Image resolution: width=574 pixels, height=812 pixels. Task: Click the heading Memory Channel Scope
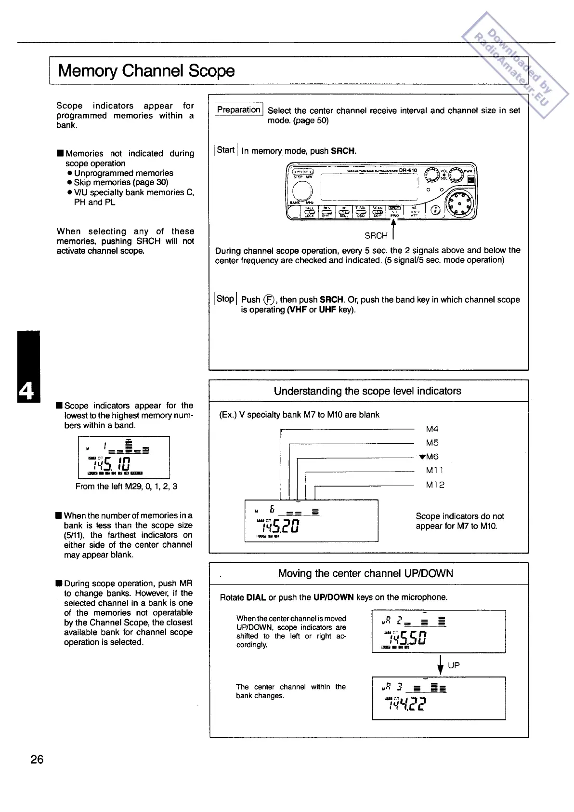click(146, 71)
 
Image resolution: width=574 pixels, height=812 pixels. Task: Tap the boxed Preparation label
click(238, 110)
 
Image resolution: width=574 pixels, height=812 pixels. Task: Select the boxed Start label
click(225, 150)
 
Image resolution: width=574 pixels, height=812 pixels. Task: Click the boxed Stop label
click(225, 299)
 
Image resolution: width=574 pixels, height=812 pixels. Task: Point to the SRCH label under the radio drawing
click(376, 236)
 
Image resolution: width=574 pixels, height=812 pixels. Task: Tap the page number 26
click(37, 759)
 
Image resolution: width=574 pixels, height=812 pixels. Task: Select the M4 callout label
click(432, 429)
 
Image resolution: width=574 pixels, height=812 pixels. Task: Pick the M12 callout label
click(435, 485)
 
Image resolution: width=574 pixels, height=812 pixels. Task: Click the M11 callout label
click(434, 470)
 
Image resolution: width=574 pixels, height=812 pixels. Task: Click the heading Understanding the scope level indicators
click(367, 391)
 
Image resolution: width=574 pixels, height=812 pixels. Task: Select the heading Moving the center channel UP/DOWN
click(365, 573)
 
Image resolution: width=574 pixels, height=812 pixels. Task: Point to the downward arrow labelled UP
click(440, 666)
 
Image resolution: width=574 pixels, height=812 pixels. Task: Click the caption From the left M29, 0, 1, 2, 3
click(126, 487)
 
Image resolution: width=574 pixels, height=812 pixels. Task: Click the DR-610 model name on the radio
click(408, 171)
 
